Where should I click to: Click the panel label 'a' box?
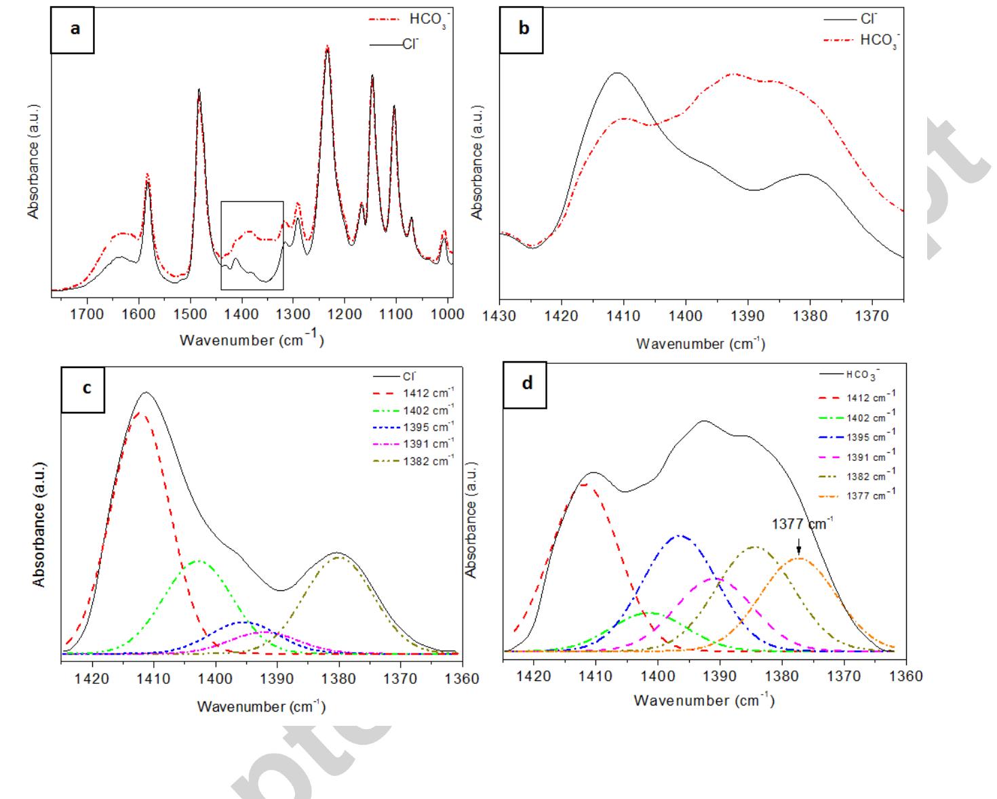pos(73,30)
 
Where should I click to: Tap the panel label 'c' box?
pos(83,389)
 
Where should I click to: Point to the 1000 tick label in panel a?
pos(447,314)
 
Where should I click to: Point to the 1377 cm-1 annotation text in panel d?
pos(802,524)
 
